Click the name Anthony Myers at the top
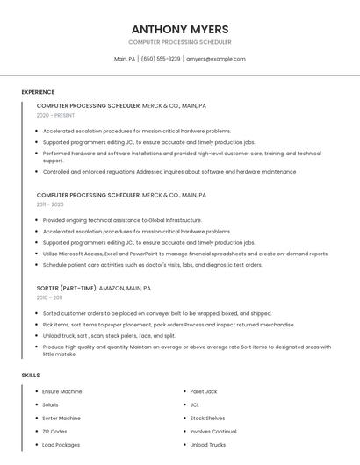[180, 28]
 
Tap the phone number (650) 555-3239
[161, 59]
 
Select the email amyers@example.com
[216, 59]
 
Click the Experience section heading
[38, 92]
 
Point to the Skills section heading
[31, 376]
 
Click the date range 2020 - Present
[55, 115]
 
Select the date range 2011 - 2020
[50, 204]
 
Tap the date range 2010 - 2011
[49, 297]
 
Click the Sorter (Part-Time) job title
[67, 288]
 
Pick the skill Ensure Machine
[61, 391]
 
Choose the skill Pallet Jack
[204, 391]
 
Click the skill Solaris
[50, 404]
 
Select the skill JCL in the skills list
[195, 404]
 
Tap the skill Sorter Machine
[61, 418]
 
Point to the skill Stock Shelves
[207, 418]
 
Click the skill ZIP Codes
[54, 431]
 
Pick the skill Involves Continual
[213, 431]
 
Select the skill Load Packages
[61, 445]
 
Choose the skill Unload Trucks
[207, 445]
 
